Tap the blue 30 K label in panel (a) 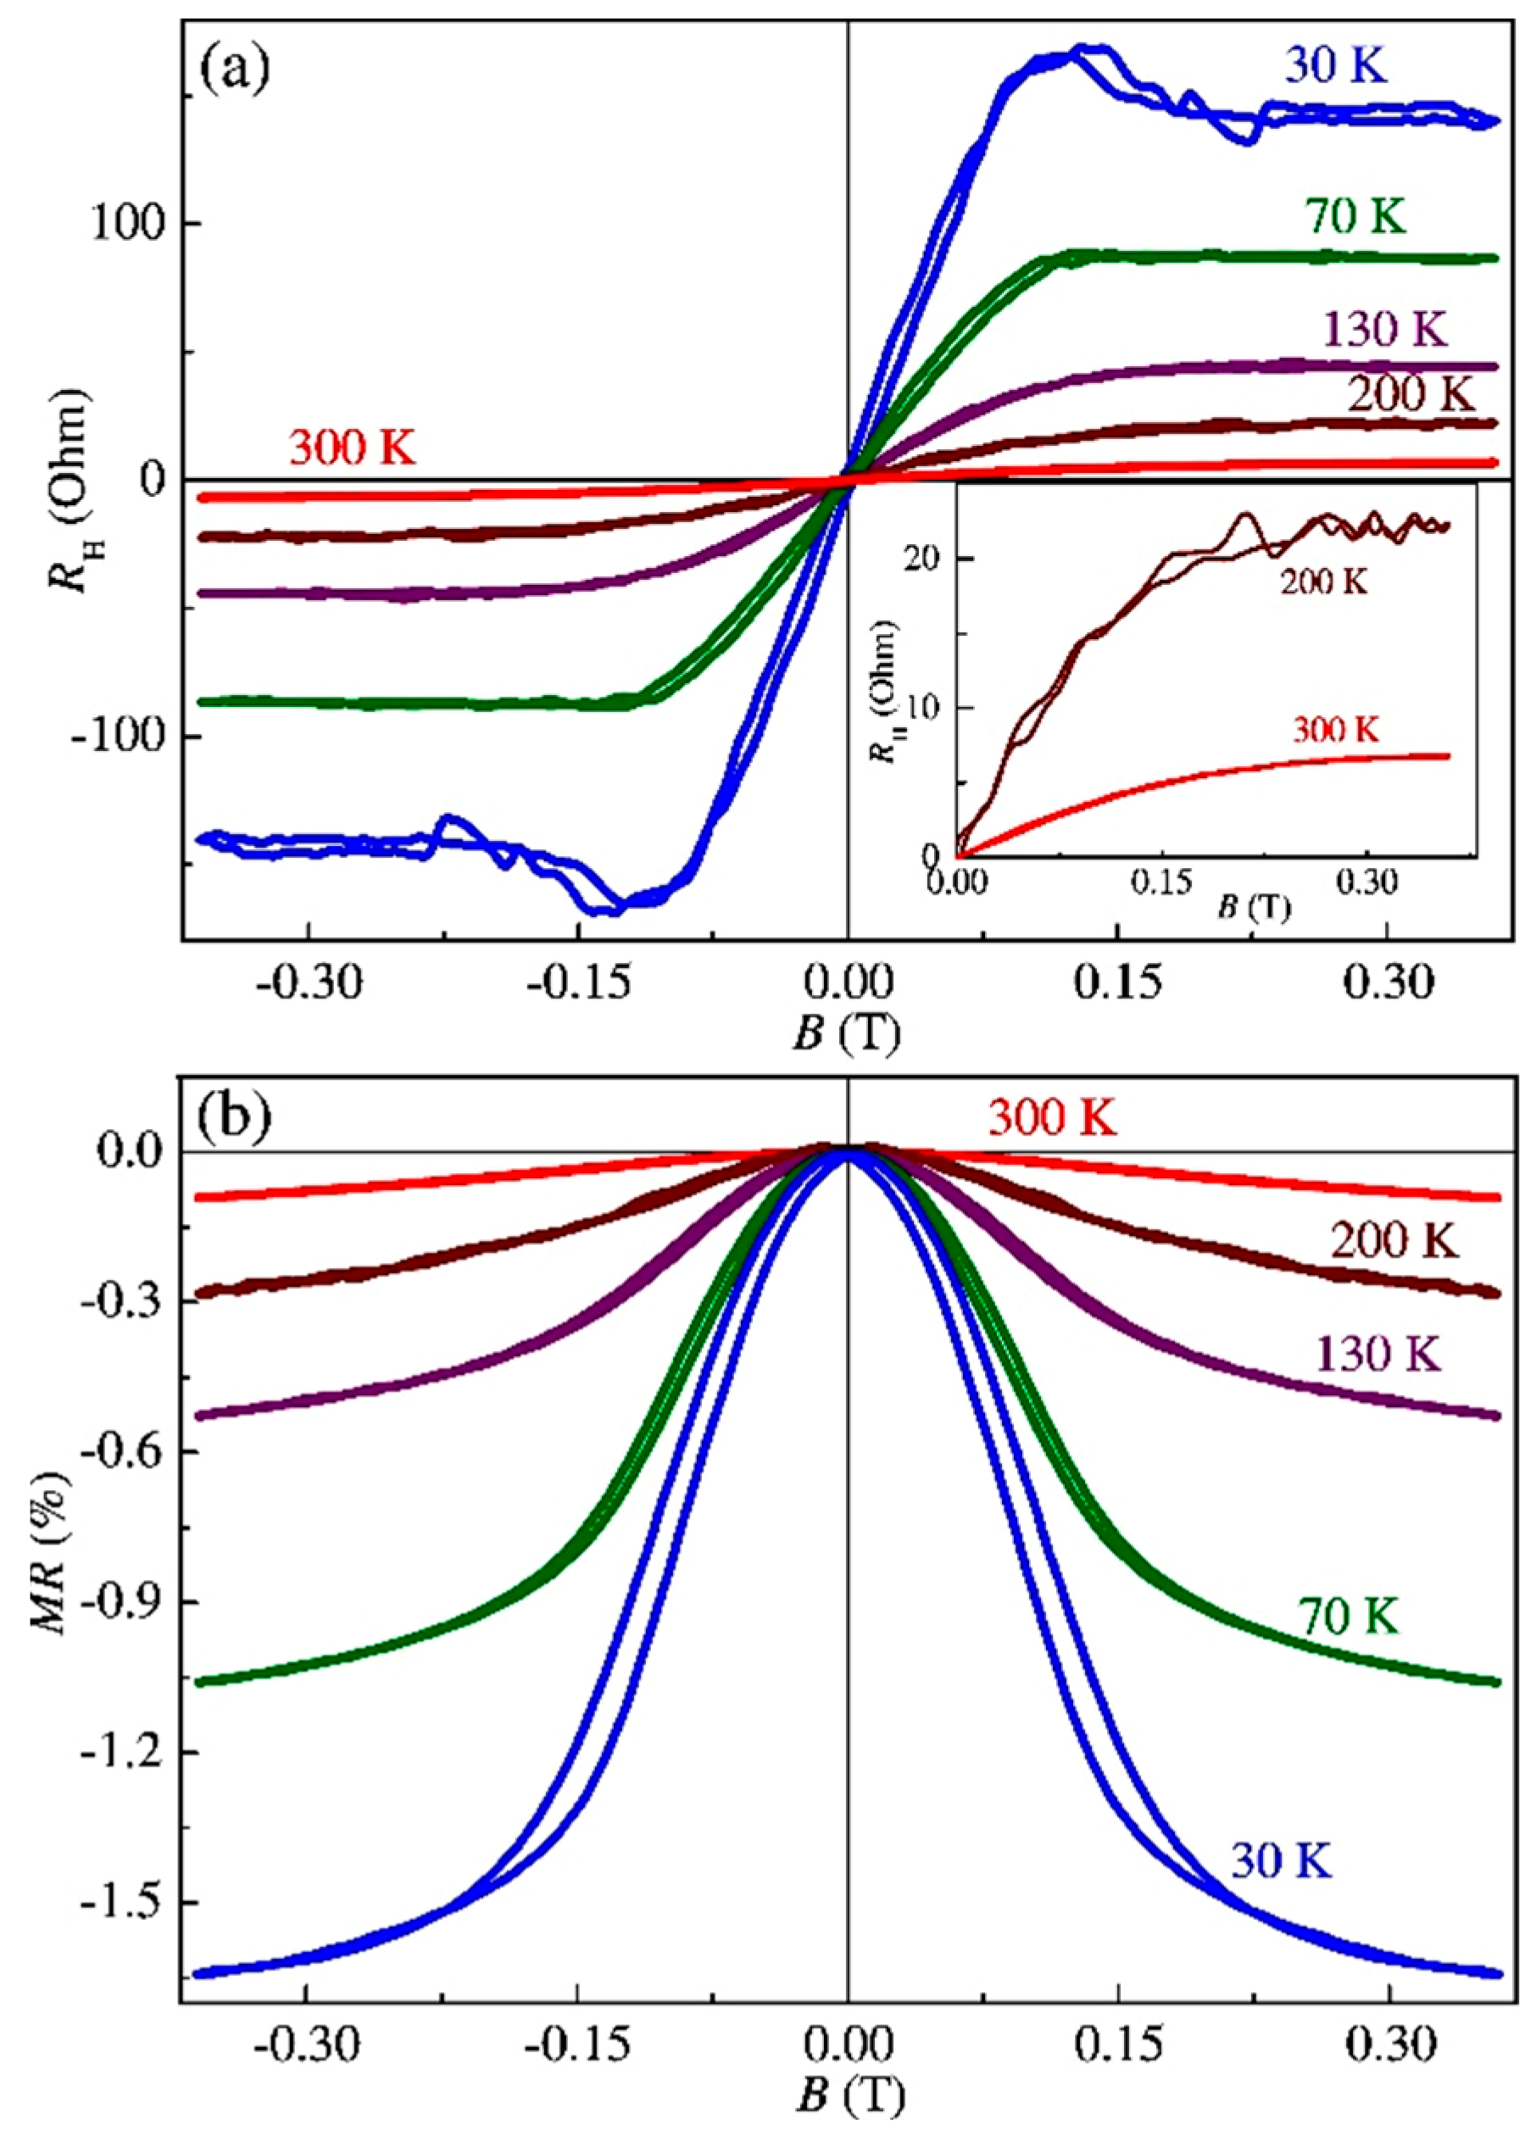coord(1334,69)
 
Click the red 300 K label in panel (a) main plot coord(352,448)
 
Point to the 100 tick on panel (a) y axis coord(131,225)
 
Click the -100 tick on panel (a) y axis coord(122,736)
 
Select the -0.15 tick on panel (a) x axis coord(577,987)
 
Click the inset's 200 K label coord(1324,582)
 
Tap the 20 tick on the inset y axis coord(931,559)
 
